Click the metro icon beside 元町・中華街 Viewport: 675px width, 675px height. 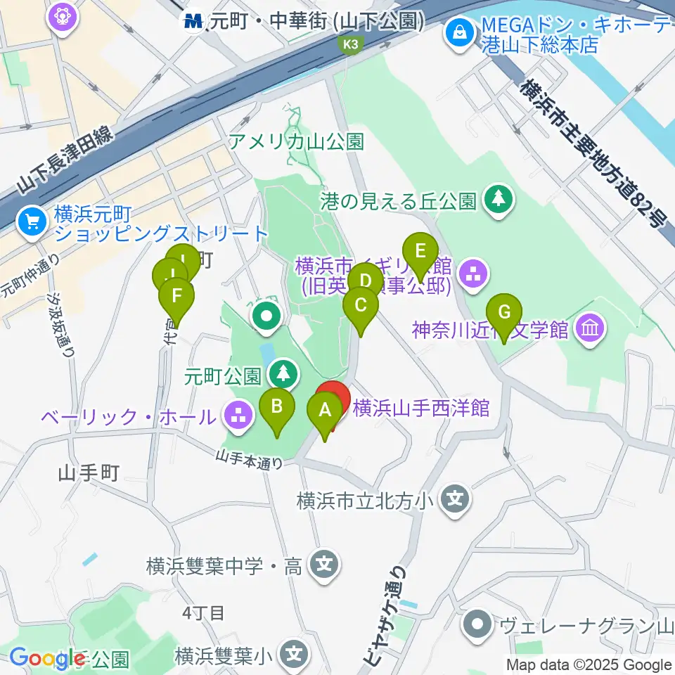click(193, 22)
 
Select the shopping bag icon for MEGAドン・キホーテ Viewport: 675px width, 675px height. click(458, 32)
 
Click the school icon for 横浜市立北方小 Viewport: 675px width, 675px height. click(455, 501)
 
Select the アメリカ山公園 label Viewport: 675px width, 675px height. click(296, 142)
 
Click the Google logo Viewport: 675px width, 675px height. click(47, 658)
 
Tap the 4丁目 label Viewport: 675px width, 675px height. click(203, 612)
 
